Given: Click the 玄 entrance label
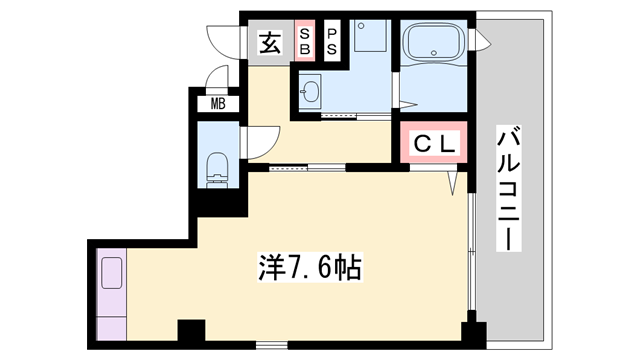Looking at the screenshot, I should [269, 43].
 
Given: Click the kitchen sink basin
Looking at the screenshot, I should [111, 273].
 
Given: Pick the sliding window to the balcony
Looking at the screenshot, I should [472, 245].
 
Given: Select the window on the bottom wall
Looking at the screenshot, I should [270, 345].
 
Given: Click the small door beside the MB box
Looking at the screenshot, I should [213, 80].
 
